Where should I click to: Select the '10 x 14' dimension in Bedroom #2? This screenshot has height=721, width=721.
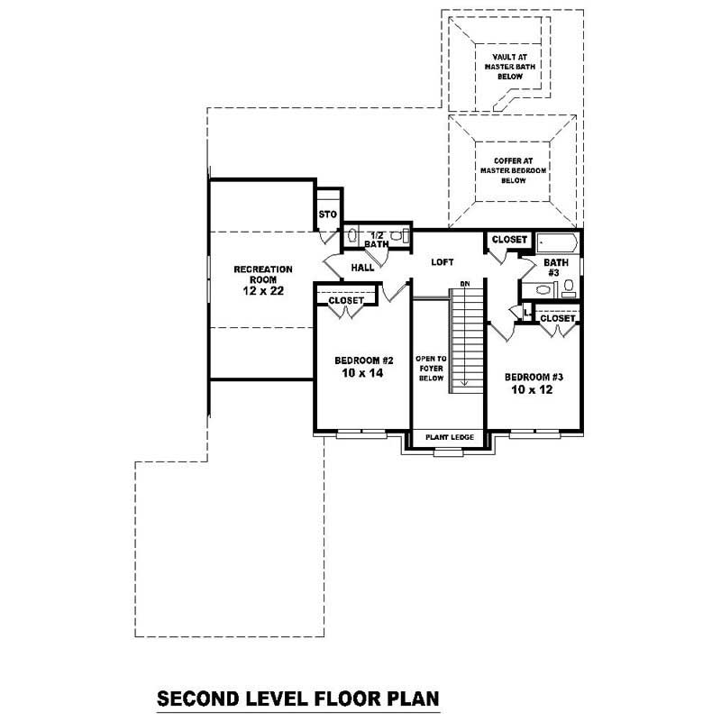pos(357,371)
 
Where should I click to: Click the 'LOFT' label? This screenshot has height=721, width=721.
pos(442,262)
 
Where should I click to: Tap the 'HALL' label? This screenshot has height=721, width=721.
pos(362,268)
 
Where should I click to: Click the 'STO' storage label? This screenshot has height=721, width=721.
pos(327,214)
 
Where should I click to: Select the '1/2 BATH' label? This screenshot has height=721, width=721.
pos(377,239)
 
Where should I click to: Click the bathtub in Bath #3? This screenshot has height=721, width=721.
pos(557,242)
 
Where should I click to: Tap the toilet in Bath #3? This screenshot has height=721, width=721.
pos(569,288)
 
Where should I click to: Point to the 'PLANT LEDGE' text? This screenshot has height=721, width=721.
pos(449,437)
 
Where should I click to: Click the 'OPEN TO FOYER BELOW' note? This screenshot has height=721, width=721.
pos(425,369)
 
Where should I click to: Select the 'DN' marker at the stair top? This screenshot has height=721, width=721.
pos(465,284)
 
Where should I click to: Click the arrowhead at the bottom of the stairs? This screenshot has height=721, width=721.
pos(465,383)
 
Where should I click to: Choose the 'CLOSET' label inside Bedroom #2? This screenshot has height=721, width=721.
pos(346,300)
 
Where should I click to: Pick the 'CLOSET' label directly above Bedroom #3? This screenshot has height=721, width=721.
pos(558,318)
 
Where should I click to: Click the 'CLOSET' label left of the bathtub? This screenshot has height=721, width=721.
pos(510,240)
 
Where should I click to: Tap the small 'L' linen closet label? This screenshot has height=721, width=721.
pos(526,313)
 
